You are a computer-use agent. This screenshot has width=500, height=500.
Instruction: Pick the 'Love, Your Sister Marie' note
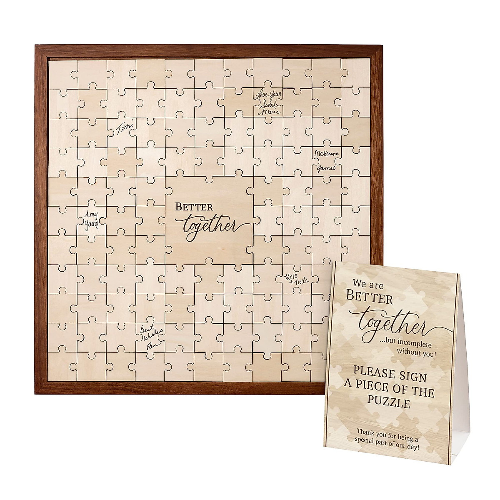pyautogui.click(x=267, y=102)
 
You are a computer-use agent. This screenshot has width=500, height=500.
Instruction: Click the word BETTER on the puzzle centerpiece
pyautogui.click(x=194, y=207)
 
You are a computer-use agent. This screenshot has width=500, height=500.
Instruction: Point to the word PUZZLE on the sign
pyautogui.click(x=390, y=403)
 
